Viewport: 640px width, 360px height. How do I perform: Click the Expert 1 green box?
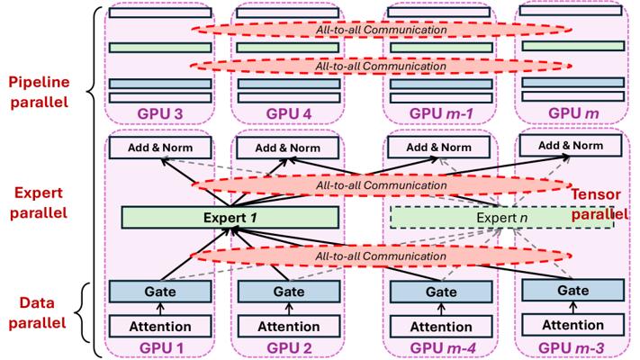click(x=230, y=217)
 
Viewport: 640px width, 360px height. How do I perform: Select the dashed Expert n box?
click(x=501, y=217)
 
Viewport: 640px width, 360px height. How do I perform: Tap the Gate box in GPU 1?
click(x=160, y=292)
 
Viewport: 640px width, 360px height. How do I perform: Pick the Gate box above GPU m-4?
click(x=436, y=292)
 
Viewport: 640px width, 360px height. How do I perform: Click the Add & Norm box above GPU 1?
click(x=160, y=147)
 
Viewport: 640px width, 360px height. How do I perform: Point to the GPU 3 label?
click(x=160, y=113)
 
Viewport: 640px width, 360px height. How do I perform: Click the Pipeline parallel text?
click(x=39, y=91)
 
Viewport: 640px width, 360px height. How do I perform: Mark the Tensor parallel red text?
click(x=601, y=206)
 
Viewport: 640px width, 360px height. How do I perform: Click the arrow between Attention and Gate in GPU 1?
click(x=160, y=309)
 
